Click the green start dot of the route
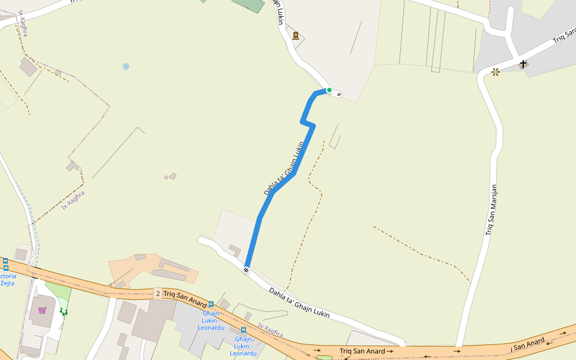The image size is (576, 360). (329, 90)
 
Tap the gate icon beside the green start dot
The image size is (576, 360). (338, 93)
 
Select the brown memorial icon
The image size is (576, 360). (296, 35)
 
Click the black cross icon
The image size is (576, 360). (523, 64)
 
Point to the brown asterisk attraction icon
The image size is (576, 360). (496, 72)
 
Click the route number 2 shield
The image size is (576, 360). (157, 293)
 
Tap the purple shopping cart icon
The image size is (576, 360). (42, 310)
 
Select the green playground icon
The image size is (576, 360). (64, 311)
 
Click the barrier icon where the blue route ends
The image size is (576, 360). (246, 269)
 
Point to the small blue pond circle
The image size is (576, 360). (125, 66)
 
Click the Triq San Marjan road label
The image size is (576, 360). (492, 209)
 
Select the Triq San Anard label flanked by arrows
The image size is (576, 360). (362, 350)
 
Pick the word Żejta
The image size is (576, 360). (8, 283)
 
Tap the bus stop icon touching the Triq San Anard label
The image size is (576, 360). (211, 304)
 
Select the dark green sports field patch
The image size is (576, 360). (248, 5)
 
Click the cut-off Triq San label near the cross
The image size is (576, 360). (564, 35)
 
